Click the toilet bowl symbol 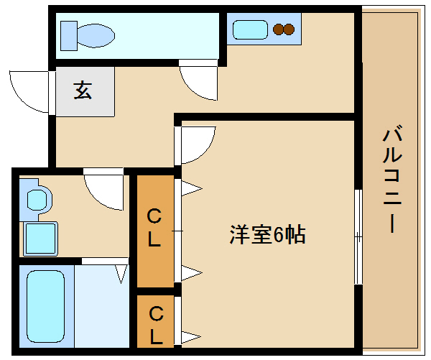tap(96, 35)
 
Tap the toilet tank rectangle tap(69, 36)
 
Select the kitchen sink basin tap(250, 29)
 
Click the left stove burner tap(279, 29)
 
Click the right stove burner tap(289, 29)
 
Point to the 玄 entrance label tap(83, 91)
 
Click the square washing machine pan tap(41, 239)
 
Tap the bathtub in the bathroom tap(46, 306)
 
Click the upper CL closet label tap(154, 228)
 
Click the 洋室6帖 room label tap(267, 234)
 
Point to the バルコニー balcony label tap(392, 179)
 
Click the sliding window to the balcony tap(358, 236)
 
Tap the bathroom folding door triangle tap(121, 274)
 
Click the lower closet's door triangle tap(191, 336)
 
